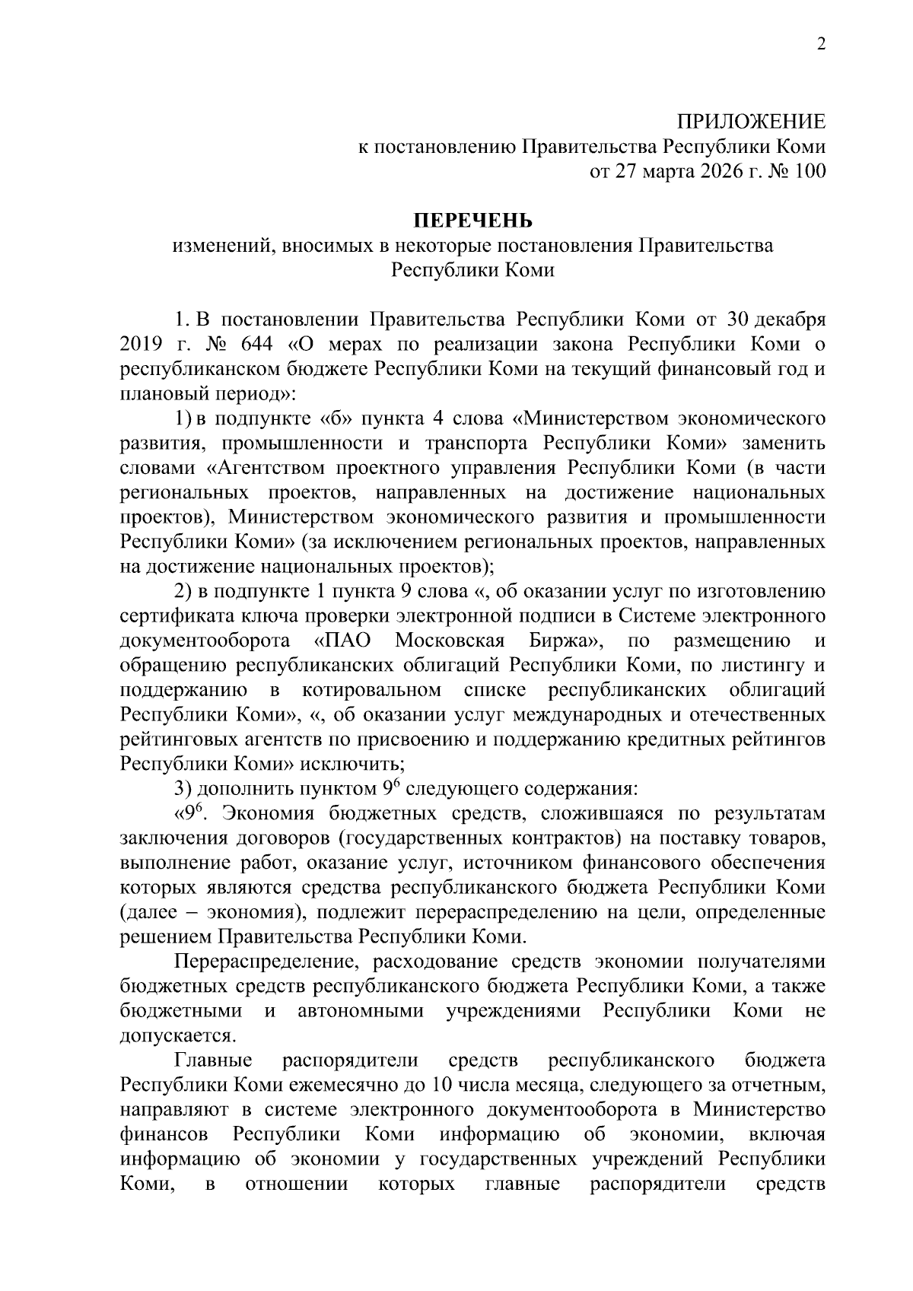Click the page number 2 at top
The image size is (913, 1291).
820,44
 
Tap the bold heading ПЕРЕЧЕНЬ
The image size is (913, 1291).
473,221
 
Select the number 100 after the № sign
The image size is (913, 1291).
808,172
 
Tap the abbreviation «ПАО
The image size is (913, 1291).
342,641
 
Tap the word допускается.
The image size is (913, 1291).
178,1035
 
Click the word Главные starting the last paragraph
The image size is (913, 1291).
212,1060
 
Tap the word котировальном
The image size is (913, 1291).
371,690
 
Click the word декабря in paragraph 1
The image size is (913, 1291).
792,320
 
